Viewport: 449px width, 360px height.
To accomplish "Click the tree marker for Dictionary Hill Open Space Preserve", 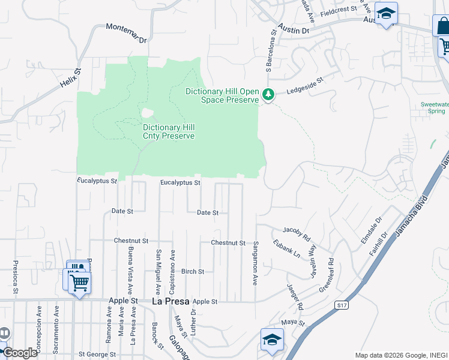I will pos(268,95).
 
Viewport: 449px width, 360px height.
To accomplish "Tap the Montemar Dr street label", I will pos(126,33).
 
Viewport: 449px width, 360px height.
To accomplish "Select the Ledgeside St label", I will pos(306,84).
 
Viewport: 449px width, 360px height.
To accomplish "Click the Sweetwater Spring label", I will pos(432,107).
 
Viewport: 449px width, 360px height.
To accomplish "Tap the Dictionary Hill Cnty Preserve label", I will pos(169,131).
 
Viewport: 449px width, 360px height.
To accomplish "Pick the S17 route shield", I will pos(342,305).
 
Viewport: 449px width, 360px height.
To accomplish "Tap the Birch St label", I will pos(193,271).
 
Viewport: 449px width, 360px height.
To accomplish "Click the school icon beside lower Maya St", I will pos(272,340).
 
